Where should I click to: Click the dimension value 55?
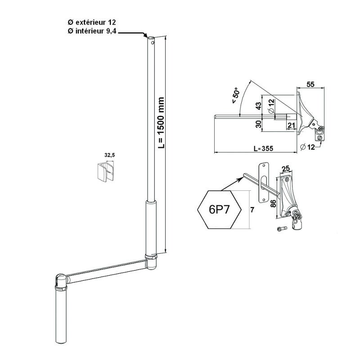[x=310, y=84]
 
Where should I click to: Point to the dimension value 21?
[x=291, y=125]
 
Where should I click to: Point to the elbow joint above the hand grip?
[x=60, y=281]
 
